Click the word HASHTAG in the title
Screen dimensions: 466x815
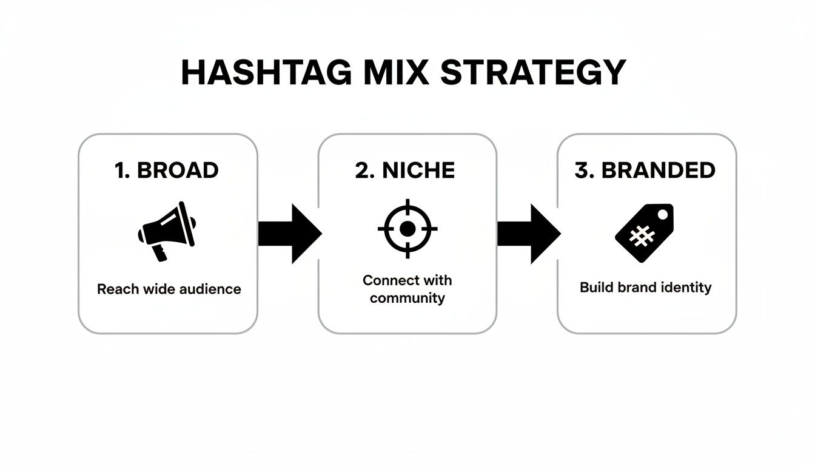266,73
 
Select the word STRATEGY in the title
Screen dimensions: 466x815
532,73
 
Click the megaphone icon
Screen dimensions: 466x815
167,231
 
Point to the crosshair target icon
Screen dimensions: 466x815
407,228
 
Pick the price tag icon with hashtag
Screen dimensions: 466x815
644,232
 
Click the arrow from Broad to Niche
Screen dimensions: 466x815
289,234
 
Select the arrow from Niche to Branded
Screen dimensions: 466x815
528,234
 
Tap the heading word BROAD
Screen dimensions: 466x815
178,171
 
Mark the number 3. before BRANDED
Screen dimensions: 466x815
585,171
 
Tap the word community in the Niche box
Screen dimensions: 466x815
407,298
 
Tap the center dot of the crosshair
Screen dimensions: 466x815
407,228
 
